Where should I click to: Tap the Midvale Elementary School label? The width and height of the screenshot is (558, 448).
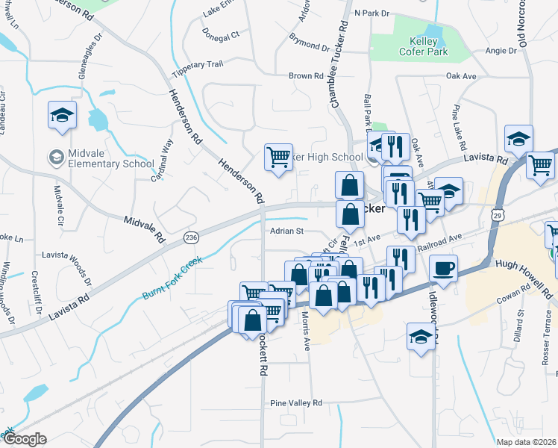[101, 158]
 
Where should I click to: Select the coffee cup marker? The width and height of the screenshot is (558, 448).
[443, 268]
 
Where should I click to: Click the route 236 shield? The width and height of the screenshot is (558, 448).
[191, 237]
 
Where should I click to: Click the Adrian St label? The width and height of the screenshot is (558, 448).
[286, 231]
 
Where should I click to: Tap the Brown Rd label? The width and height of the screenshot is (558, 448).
[306, 76]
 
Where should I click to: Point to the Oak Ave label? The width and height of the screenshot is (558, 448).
[460, 76]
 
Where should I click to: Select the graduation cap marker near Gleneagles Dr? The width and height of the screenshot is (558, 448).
[63, 116]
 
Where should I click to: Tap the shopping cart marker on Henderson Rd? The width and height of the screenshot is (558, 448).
[278, 158]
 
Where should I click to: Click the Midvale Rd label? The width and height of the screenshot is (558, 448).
[144, 229]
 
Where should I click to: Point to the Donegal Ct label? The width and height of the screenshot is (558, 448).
[220, 34]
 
